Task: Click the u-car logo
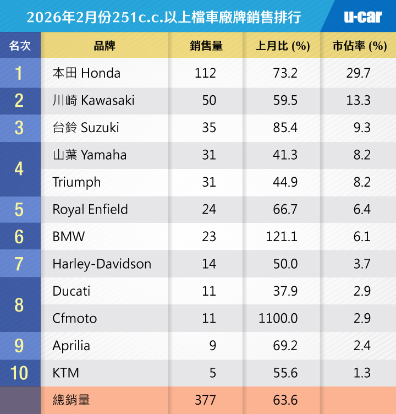[362, 17]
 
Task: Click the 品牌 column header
[105, 46]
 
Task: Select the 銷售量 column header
[206, 46]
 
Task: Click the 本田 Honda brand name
[86, 73]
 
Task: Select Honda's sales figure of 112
[205, 73]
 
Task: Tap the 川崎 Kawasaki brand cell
[94, 100]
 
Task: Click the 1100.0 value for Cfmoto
[278, 318]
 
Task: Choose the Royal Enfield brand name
[90, 210]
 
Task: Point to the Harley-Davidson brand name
[102, 264]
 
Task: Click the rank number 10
[19, 373]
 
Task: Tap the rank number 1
[19, 73]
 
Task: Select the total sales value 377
[205, 400]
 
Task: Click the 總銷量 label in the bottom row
[71, 400]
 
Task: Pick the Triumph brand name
[76, 182]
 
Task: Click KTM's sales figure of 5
[212, 373]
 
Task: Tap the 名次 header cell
[20, 46]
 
